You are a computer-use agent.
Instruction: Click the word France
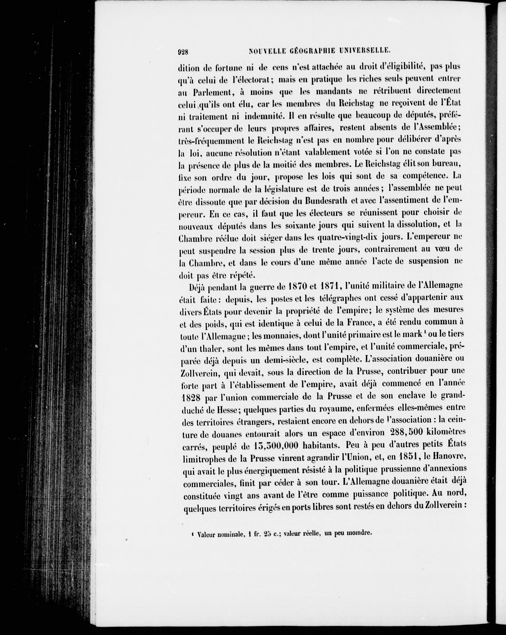[x=359, y=323]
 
